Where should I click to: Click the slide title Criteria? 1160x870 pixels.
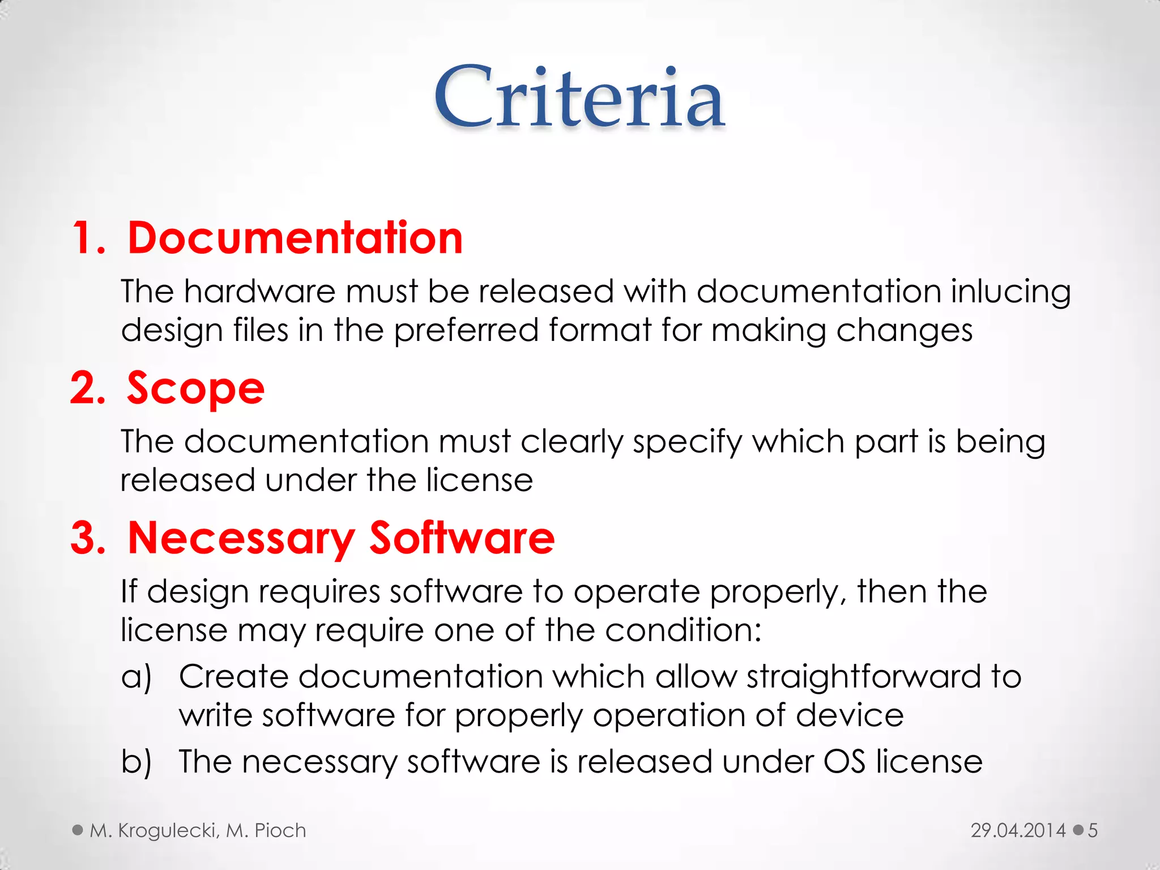(x=579, y=97)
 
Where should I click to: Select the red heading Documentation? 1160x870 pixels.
(x=295, y=238)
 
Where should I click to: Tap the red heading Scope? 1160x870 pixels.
(x=195, y=389)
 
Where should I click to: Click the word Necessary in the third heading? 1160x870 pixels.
(x=241, y=538)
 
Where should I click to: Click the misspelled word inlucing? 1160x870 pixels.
(x=1010, y=292)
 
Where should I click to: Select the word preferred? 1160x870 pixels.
(x=466, y=331)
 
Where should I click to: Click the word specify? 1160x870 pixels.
(x=687, y=442)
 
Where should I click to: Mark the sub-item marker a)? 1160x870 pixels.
(x=136, y=677)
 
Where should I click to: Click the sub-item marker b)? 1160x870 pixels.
(x=136, y=762)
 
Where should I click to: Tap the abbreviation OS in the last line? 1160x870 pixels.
(x=844, y=762)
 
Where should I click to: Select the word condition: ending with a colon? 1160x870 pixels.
(x=683, y=630)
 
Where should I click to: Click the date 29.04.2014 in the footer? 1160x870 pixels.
(x=1018, y=830)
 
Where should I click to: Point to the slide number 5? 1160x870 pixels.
(x=1093, y=830)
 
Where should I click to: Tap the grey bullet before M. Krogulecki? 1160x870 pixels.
(x=78, y=830)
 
